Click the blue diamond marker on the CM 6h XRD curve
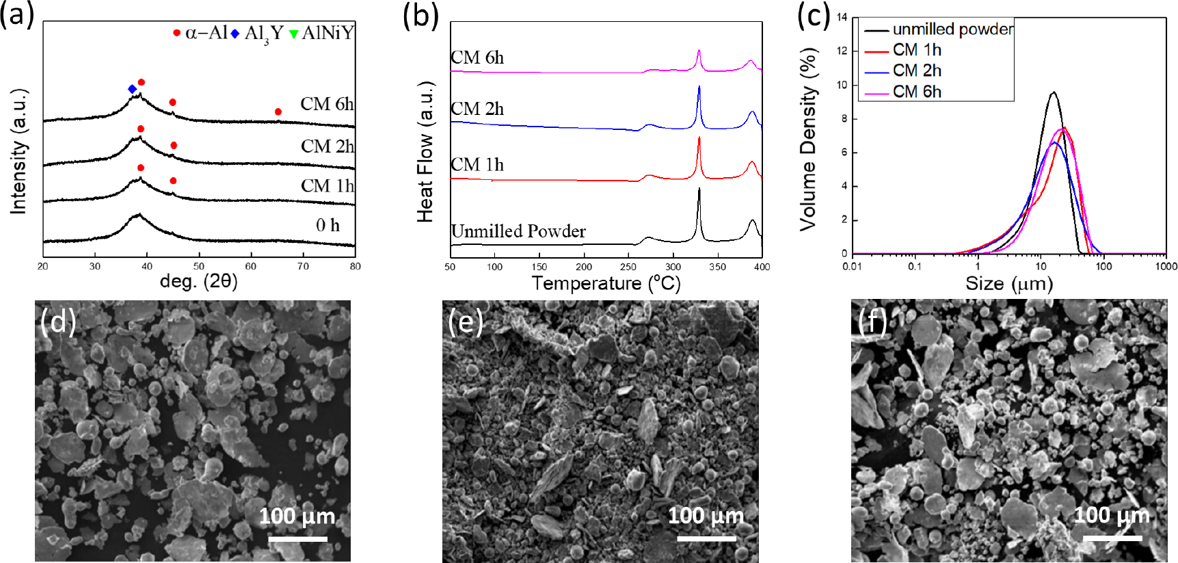[132, 89]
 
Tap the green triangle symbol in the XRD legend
[294, 34]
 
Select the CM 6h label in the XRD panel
[327, 104]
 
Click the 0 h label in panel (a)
[327, 225]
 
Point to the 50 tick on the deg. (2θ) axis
[199, 266]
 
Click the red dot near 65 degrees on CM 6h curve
[278, 112]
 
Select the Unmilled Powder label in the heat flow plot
[518, 231]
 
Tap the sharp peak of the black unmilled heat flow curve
[699, 189]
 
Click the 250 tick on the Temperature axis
[628, 267]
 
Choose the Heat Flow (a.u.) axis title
[425, 151]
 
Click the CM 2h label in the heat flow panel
[477, 109]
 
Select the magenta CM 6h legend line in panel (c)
[876, 92]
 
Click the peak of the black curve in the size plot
[1054, 92]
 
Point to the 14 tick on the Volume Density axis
[842, 17]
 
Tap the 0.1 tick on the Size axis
[914, 267]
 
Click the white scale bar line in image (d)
[297, 539]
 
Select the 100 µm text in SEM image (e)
[706, 515]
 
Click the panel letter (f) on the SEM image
[872, 320]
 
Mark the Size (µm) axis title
[1008, 283]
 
